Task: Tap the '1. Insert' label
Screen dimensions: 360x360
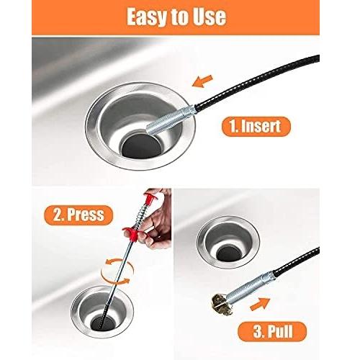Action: (x=256, y=127)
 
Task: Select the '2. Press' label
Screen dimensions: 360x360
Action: (x=78, y=215)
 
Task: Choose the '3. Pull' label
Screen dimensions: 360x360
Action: (x=272, y=331)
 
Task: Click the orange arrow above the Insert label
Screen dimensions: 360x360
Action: (x=202, y=81)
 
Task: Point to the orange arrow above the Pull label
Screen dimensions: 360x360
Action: (x=260, y=304)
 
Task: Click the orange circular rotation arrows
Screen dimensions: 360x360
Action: (x=117, y=271)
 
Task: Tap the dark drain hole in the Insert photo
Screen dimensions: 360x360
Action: (x=142, y=146)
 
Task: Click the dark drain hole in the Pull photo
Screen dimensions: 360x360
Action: (x=228, y=253)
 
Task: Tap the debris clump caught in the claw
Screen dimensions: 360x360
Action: (x=222, y=305)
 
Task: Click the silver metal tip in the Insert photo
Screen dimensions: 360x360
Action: (x=171, y=120)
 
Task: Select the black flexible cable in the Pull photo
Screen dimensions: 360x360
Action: (x=297, y=261)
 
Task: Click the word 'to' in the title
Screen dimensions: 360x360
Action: (x=176, y=17)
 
